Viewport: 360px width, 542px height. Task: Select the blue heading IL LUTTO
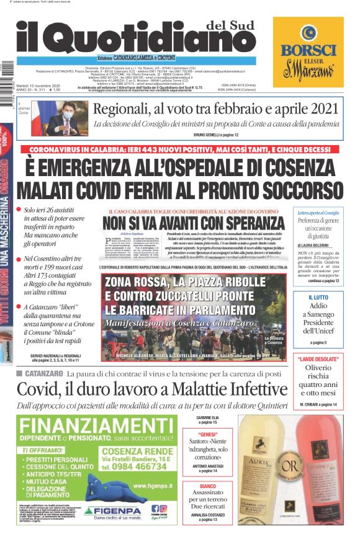click(x=318, y=298)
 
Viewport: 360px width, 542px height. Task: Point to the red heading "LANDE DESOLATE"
click(x=318, y=358)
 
